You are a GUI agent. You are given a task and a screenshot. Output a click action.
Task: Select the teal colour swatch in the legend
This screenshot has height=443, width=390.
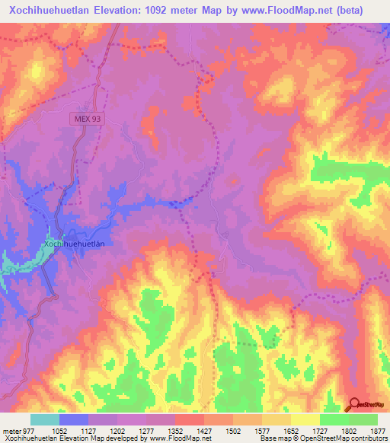[x=45, y=419]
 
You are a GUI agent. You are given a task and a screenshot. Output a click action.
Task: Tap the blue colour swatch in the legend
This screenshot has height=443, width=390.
[x=74, y=419]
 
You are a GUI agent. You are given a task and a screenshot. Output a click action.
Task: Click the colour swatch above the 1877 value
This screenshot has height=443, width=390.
[x=363, y=419]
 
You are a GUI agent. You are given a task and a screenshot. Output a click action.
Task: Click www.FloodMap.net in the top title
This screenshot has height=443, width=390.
[x=284, y=10]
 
